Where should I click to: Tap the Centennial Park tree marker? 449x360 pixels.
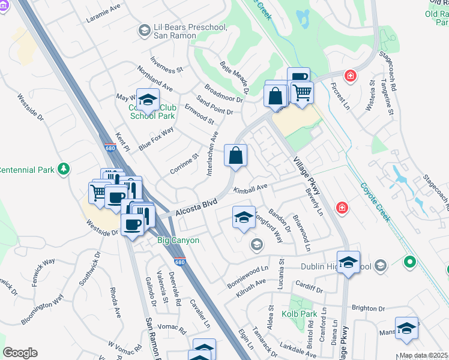pyautogui.click(x=64, y=170)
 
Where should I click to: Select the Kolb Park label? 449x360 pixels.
pyautogui.click(x=299, y=313)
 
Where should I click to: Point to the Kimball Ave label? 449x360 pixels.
pyautogui.click(x=250, y=188)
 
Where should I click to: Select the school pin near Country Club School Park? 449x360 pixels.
pyautogui.click(x=148, y=100)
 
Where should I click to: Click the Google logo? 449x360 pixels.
pyautogui.click(x=20, y=353)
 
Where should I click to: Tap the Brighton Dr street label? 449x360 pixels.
pyautogui.click(x=367, y=308)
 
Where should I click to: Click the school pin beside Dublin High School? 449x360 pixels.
pyautogui.click(x=348, y=262)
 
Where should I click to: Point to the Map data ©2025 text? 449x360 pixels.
pyautogui.click(x=423, y=355)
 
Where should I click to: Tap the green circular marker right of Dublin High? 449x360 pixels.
pyautogui.click(x=410, y=262)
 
